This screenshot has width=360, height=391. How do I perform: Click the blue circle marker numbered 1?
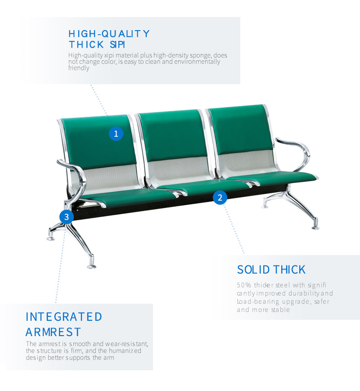(116, 134)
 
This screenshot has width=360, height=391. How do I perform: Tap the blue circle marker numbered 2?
(220, 198)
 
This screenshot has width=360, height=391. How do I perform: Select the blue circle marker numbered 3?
(66, 217)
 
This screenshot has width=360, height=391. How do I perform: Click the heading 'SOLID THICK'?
(271, 270)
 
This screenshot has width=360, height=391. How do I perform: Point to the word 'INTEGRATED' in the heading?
(64, 317)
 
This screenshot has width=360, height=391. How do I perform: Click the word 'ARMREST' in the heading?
(53, 332)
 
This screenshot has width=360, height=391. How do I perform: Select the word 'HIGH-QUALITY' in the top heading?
(109, 34)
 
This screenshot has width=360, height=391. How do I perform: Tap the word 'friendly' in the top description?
(79, 68)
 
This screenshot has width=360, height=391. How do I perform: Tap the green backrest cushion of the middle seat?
(173, 135)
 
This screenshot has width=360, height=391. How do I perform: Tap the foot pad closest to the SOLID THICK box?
(315, 227)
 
